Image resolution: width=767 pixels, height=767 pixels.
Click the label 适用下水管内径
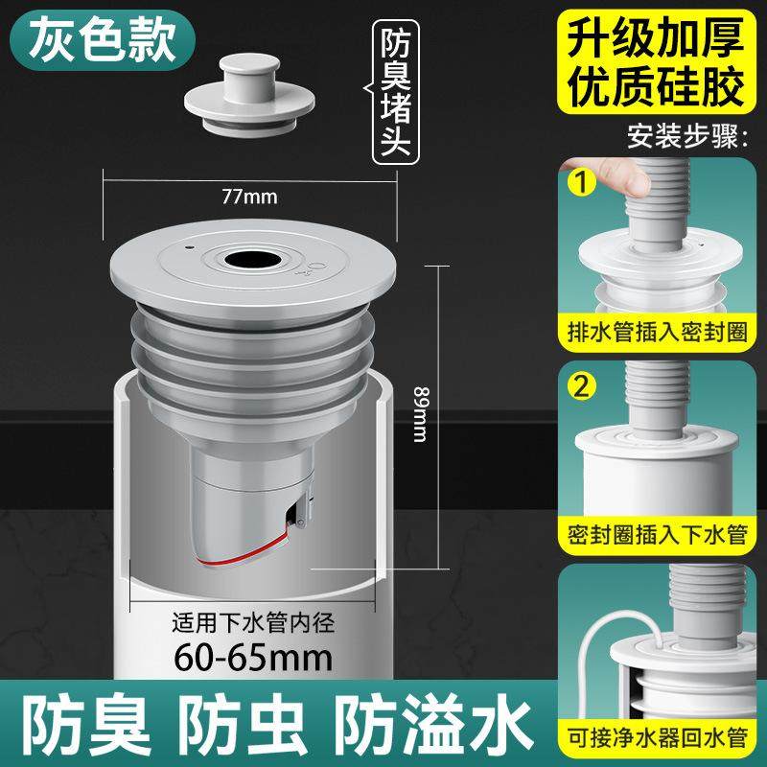[251, 618]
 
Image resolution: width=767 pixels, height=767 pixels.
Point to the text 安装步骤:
[686, 135]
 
